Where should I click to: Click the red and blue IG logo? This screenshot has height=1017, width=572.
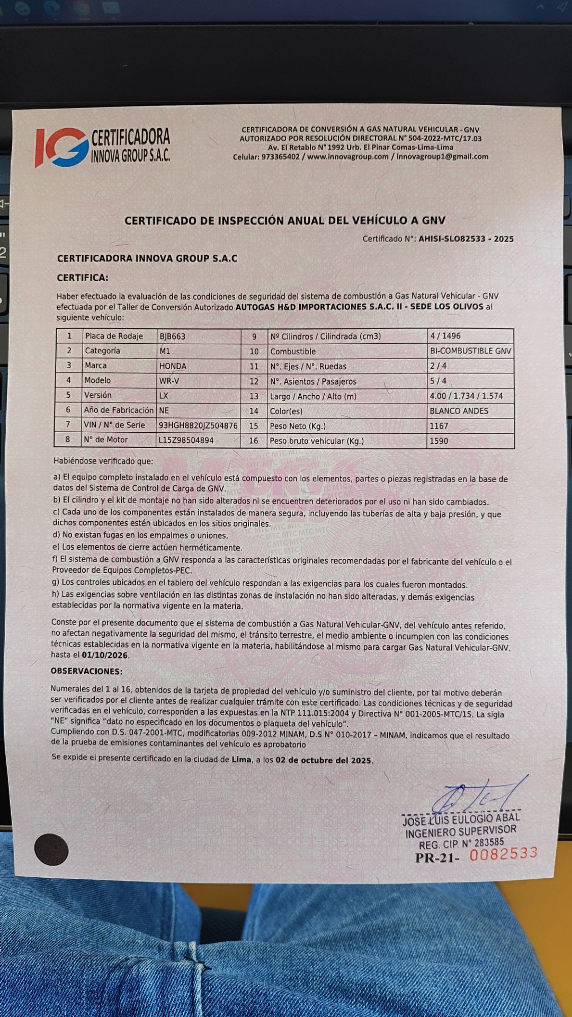click(x=61, y=147)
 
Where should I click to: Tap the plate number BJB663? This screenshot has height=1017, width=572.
click(x=172, y=336)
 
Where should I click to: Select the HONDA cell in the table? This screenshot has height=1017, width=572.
click(x=173, y=366)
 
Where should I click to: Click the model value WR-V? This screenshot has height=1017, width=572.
click(x=169, y=381)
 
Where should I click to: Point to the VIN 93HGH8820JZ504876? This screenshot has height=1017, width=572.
click(x=198, y=425)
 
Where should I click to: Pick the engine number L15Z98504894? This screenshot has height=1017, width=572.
click(x=186, y=440)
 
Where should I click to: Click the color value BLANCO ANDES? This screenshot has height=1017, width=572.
click(x=459, y=411)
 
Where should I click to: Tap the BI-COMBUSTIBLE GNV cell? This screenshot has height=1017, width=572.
click(x=470, y=351)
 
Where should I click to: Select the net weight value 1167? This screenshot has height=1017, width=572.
click(x=439, y=426)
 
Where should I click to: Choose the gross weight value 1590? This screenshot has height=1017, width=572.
click(x=439, y=441)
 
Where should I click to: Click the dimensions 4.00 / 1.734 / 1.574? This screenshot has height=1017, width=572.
click(x=466, y=396)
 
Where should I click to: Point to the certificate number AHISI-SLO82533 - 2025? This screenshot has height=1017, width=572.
click(x=466, y=239)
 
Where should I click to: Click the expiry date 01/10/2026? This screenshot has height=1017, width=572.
click(x=105, y=655)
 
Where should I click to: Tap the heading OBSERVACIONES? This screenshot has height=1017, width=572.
click(x=86, y=671)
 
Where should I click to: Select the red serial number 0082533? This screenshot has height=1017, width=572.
click(x=503, y=853)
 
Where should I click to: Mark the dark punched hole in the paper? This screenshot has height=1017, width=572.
click(x=51, y=850)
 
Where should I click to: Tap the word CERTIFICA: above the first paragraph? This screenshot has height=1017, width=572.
click(x=83, y=278)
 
